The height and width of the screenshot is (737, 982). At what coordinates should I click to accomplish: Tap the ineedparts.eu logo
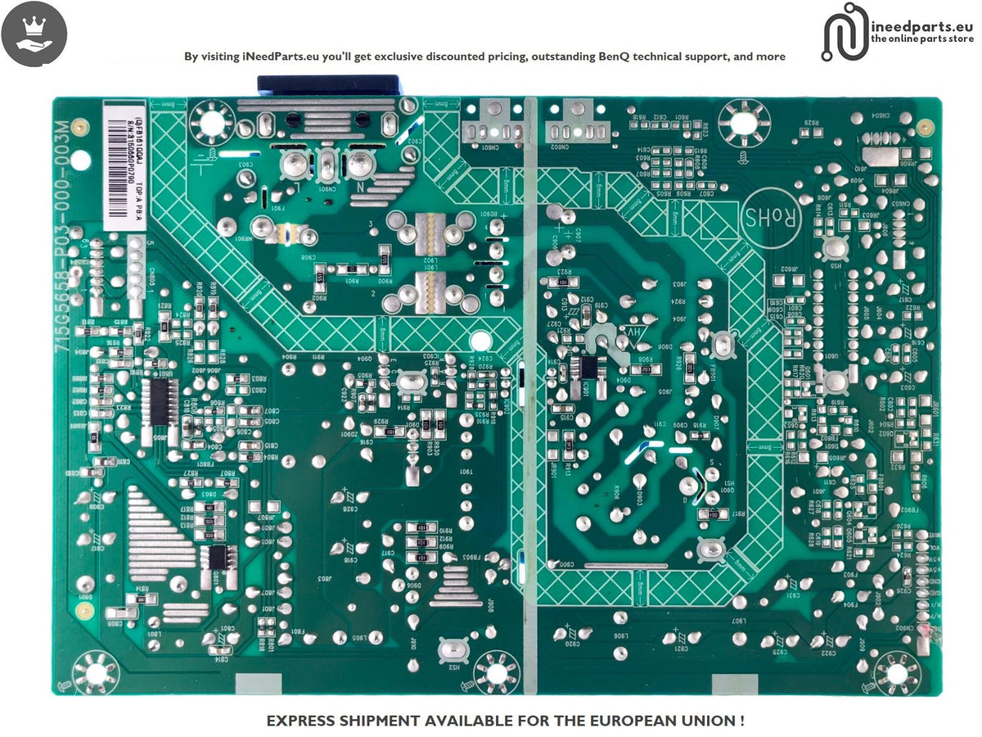coord(898,31)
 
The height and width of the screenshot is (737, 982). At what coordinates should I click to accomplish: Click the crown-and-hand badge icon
coord(34,34)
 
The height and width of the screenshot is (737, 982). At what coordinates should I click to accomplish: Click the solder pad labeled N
coord(358,166)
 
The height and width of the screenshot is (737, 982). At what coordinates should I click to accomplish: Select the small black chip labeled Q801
coord(220,558)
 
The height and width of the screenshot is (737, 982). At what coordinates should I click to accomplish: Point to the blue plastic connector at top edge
coord(327,85)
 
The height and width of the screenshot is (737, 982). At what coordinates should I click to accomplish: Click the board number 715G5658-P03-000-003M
coord(62,228)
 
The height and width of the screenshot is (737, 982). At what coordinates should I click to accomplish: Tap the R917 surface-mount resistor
coord(719,514)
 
